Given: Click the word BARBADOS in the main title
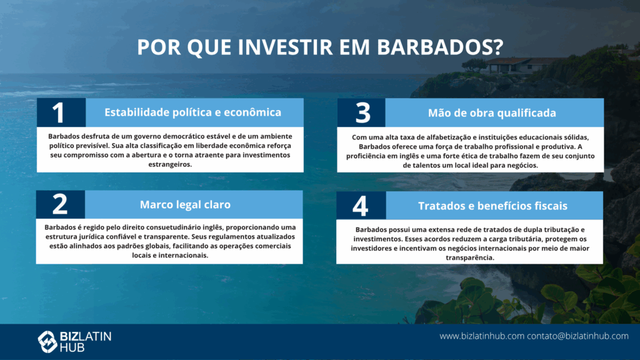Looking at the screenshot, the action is coord(434,47).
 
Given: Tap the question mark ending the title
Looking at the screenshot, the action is coord(498,47).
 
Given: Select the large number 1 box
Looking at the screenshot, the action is coord(61,112).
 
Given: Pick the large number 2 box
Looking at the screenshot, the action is coord(61,204).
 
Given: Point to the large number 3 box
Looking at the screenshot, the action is coord(361,112).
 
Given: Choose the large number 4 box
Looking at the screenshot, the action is coord(361,205).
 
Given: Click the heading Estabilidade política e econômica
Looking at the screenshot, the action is coord(192,112).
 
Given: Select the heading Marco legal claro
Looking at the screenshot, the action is coord(185,204).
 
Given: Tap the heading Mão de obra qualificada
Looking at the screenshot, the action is coord(492,112).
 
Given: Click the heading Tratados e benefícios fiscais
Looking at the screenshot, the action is coord(492,206).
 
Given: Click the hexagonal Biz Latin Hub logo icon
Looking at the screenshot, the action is coord(47,342).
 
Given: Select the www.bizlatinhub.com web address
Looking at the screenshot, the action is coord(482,336).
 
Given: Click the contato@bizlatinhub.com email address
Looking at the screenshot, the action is coord(577,336).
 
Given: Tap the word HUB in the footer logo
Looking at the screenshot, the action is coord(72,347).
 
